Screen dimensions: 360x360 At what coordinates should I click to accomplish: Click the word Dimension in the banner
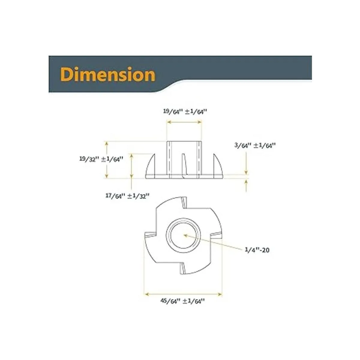[108, 75]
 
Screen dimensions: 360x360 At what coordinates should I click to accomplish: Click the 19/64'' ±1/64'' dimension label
[185, 111]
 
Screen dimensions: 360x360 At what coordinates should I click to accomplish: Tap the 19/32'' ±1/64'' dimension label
[101, 159]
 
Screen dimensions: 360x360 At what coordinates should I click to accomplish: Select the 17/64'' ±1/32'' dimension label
[127, 196]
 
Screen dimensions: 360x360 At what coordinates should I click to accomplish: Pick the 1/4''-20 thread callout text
[257, 250]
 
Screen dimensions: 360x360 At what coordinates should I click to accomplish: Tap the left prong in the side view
[151, 164]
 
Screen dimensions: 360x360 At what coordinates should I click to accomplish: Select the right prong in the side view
[218, 164]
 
